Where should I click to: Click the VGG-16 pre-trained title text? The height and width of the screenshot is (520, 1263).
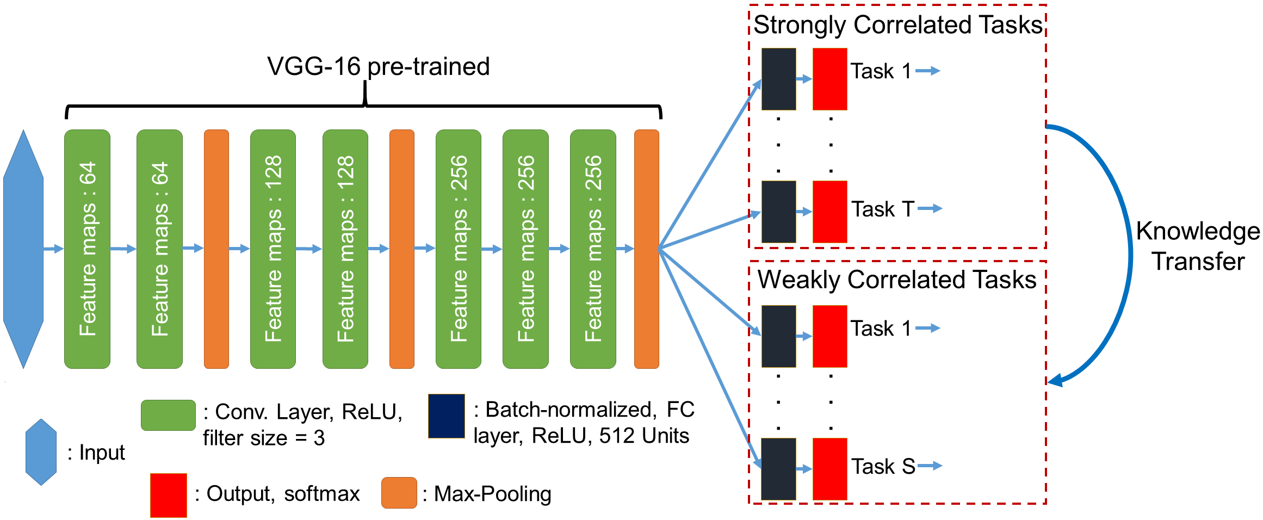(379, 67)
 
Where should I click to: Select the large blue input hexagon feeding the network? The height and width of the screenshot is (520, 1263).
(23, 249)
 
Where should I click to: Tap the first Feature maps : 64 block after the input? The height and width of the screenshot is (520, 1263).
(88, 249)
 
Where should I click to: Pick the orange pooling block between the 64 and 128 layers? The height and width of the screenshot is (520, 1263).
(216, 249)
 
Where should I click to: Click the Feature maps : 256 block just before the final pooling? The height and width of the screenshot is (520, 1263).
(593, 249)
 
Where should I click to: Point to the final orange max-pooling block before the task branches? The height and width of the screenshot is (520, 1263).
(647, 249)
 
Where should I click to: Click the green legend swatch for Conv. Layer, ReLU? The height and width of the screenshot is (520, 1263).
(168, 416)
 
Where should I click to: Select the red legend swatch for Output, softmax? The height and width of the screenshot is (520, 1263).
(169, 495)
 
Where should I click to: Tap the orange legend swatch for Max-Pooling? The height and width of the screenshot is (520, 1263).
(399, 493)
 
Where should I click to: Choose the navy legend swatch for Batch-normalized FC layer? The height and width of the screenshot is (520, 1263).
(447, 416)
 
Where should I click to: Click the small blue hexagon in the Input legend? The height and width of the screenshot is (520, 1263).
(41, 452)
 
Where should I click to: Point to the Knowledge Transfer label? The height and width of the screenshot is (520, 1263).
(1198, 246)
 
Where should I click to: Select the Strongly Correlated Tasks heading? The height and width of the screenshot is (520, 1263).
(898, 25)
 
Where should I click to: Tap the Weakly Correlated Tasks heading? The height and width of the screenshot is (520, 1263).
(897, 280)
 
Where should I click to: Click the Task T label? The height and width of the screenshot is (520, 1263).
(882, 209)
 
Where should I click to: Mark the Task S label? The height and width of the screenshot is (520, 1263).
(883, 467)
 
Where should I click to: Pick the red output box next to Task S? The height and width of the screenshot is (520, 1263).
(830, 469)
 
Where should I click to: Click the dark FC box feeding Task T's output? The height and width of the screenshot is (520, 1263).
(779, 212)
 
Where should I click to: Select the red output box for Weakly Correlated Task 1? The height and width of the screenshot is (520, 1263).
(830, 336)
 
